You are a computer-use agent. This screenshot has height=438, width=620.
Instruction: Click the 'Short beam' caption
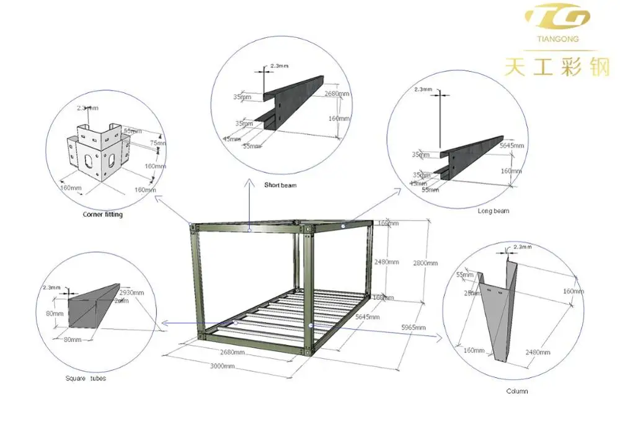[280, 185]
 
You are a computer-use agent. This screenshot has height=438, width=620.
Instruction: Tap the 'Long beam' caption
[494, 211]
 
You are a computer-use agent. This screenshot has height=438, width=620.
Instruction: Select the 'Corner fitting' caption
[103, 215]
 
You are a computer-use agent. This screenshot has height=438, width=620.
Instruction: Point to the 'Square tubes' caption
[86, 379]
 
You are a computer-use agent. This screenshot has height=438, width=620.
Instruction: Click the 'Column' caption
[517, 391]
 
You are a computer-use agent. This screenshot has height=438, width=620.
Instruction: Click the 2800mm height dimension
[425, 263]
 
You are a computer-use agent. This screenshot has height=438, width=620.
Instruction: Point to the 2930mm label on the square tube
[132, 292]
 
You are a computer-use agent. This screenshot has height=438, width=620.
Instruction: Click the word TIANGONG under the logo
[553, 39]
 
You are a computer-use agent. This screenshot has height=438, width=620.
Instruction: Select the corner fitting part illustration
[97, 152]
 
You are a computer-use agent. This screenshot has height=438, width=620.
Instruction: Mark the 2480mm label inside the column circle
[537, 353]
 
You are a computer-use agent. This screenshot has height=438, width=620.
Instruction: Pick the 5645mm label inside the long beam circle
[511, 146]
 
